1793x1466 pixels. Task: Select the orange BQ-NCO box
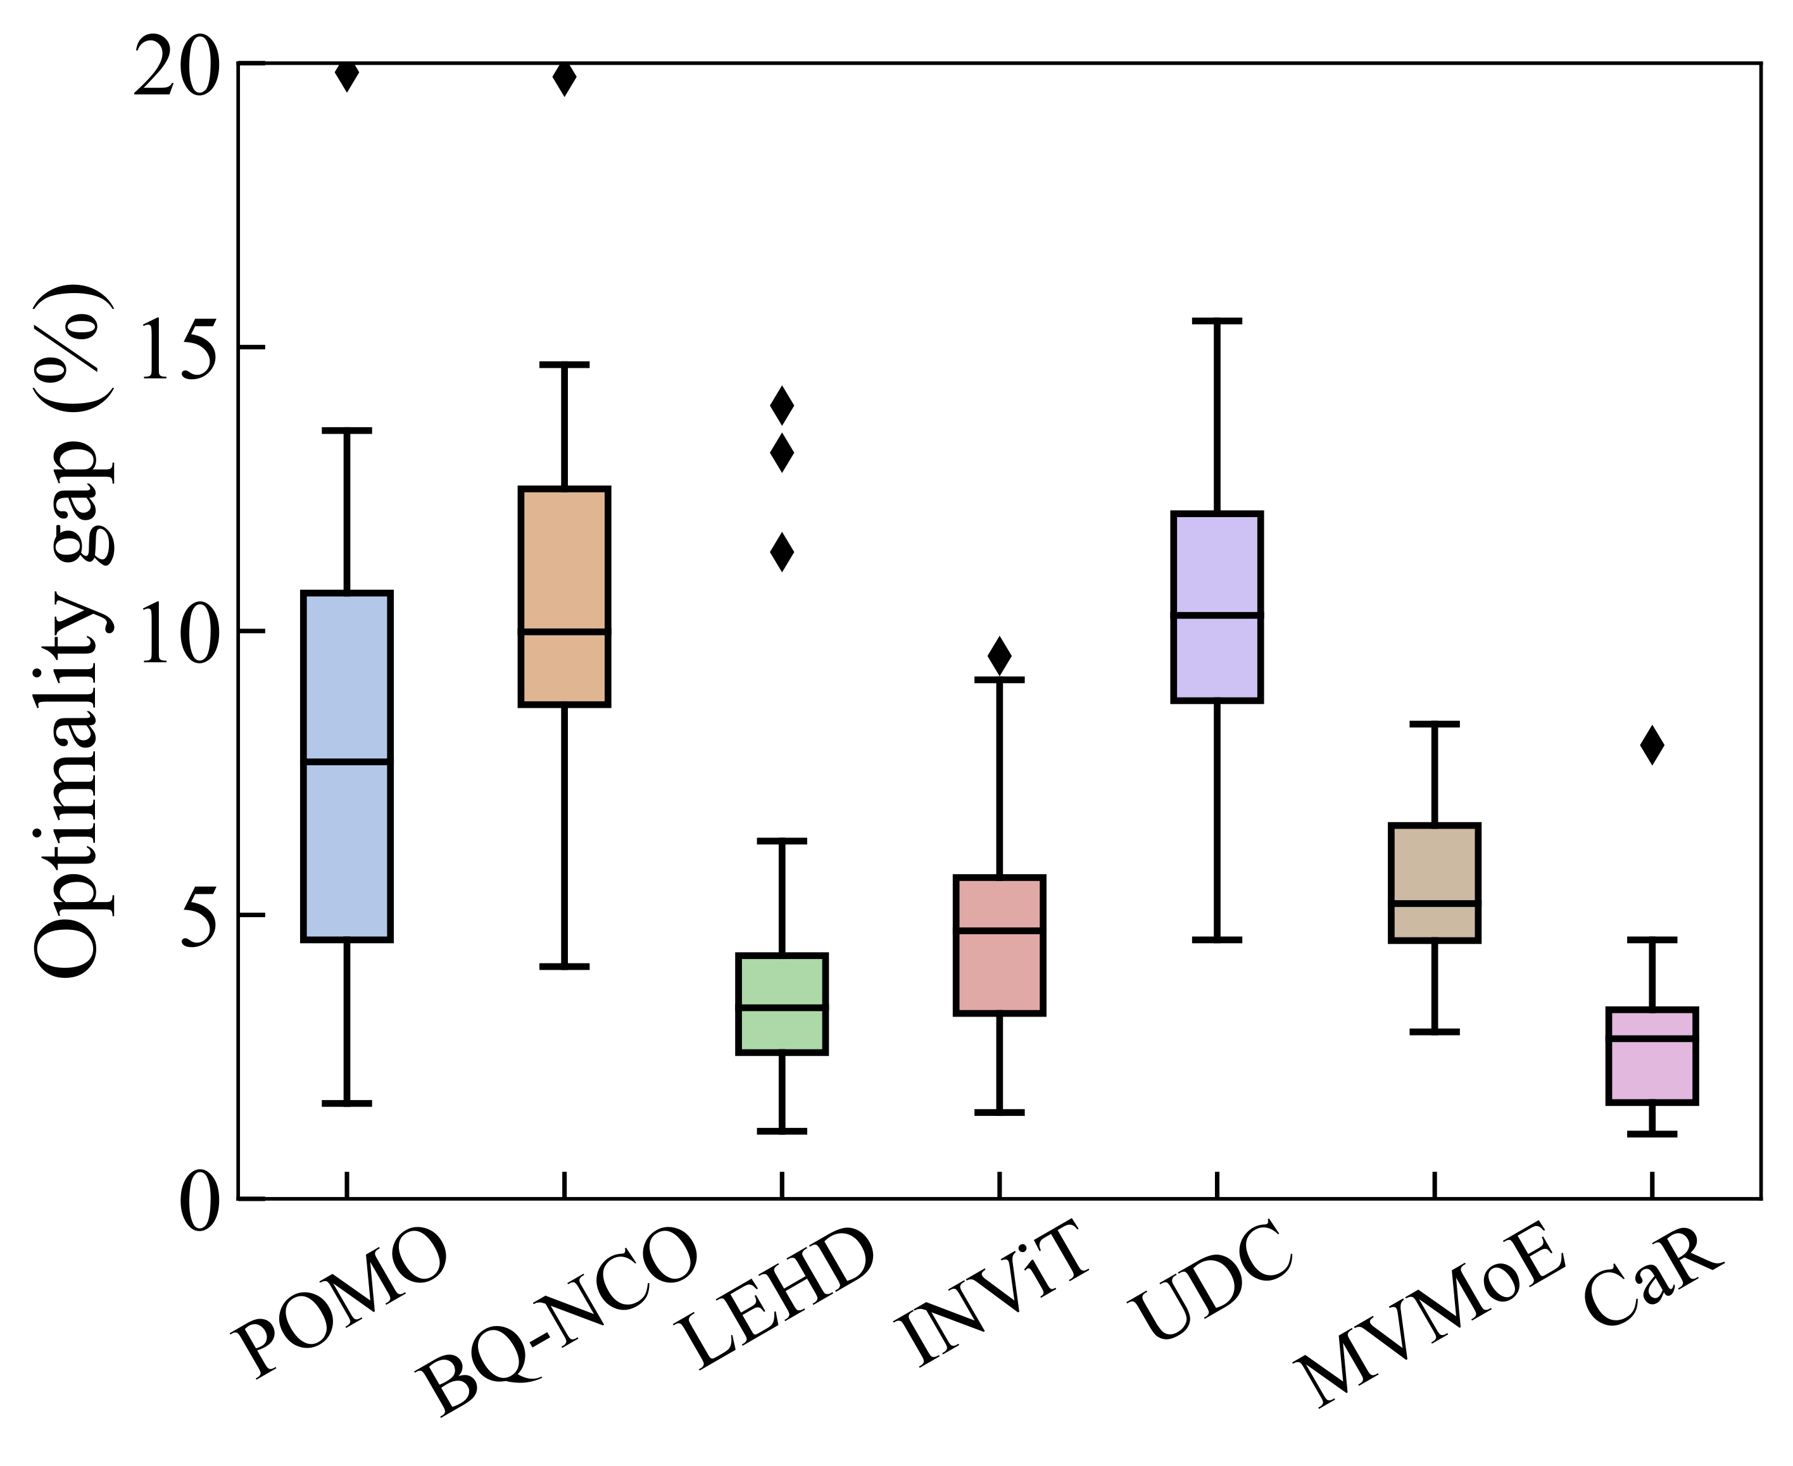(564, 558)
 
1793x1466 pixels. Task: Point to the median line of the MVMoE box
(1434, 903)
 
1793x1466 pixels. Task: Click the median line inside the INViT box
(999, 930)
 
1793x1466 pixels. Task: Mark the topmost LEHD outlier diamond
(782, 405)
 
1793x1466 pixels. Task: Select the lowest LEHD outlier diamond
(782, 553)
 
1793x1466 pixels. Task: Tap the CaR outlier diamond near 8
(1652, 745)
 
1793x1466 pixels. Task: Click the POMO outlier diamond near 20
(347, 74)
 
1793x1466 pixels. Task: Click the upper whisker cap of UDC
(1216, 321)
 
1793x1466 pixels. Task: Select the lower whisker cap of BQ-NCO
(564, 966)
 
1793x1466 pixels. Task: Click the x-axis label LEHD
(777, 1301)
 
